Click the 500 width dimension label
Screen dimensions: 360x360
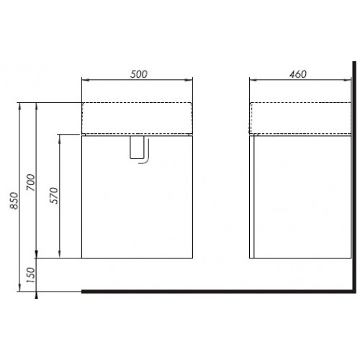click(138, 74)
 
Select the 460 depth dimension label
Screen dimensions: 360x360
click(298, 74)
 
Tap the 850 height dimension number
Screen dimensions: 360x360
click(14, 201)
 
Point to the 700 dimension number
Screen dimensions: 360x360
click(31, 182)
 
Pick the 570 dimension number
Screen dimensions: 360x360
click(54, 196)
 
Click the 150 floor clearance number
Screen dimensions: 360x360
click(31, 275)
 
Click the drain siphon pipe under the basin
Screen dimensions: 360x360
click(139, 150)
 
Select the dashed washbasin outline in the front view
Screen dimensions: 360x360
click(137, 118)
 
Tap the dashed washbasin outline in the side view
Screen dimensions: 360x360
click(300, 118)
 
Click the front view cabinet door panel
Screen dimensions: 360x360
click(137, 197)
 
